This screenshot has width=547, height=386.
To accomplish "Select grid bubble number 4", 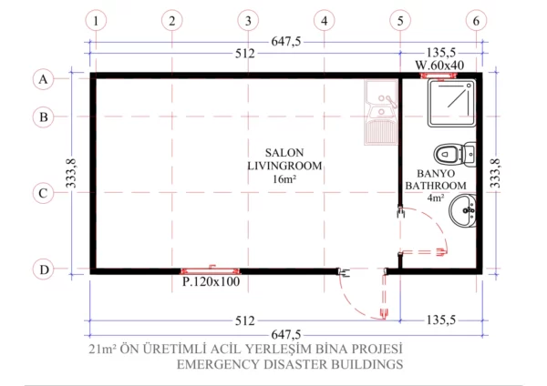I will point(325,19).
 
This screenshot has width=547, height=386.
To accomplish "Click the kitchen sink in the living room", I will point(378,113).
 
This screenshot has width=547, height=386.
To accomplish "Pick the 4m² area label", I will point(436,197).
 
